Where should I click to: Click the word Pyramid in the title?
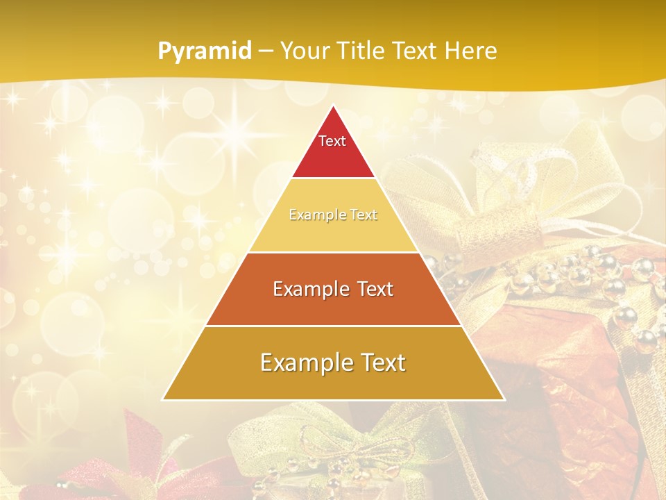click(205, 51)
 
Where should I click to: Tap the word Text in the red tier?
click(332, 141)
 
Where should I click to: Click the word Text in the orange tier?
click(368, 289)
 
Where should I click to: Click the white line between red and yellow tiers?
click(333, 178)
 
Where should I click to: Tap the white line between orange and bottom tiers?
click(333, 326)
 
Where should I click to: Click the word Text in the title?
click(417, 51)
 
